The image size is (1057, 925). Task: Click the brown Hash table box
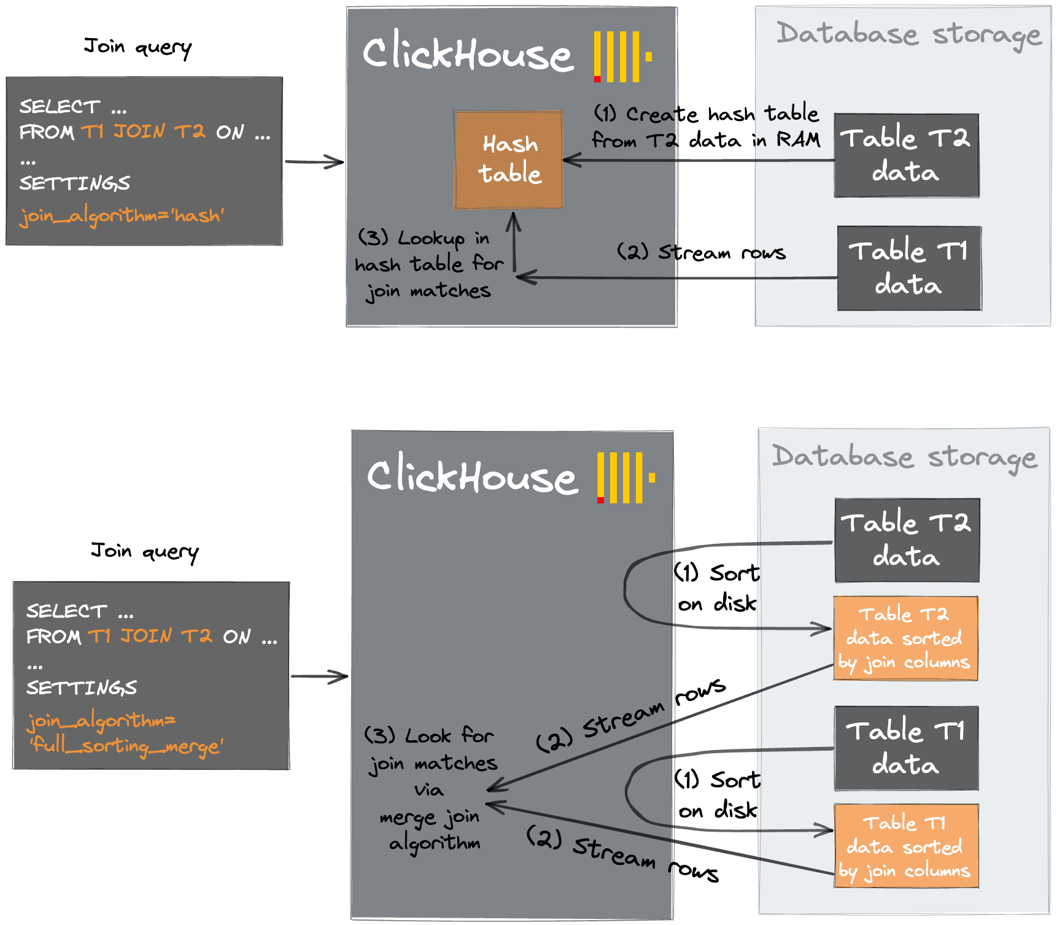(508, 160)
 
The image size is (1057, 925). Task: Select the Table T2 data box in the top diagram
(906, 155)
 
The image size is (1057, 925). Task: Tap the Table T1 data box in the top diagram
(909, 268)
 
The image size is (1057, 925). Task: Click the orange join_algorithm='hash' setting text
(122, 215)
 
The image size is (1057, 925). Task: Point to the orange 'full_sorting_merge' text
(126, 746)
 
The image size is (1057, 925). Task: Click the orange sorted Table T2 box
(905, 638)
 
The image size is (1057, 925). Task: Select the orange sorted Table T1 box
(906, 846)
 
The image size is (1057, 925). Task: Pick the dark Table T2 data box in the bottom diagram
(907, 540)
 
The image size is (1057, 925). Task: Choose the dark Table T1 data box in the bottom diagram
(906, 748)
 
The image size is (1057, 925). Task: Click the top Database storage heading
(908, 34)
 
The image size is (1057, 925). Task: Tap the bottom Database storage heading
(904, 457)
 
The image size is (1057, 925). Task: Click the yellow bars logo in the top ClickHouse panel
(621, 56)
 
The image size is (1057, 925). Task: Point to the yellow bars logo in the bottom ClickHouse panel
(625, 478)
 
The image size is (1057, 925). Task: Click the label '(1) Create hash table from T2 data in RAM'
(706, 127)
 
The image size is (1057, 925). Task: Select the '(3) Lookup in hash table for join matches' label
(429, 265)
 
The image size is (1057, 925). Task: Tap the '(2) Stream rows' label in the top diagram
(701, 252)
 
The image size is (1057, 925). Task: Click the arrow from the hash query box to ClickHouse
(314, 162)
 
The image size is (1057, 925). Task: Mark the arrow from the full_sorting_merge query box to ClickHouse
(319, 676)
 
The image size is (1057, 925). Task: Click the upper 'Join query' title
(137, 47)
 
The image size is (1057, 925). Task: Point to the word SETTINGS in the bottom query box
(81, 687)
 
